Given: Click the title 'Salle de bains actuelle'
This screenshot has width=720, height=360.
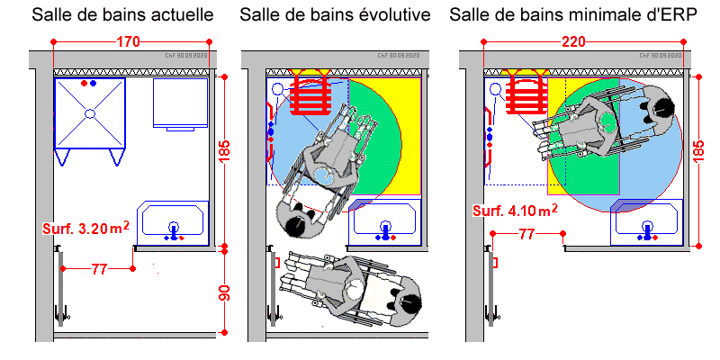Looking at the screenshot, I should tap(122, 15).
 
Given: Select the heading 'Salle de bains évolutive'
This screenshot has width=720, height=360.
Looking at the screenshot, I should tap(335, 15).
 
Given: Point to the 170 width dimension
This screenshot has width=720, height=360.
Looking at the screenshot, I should tap(130, 41).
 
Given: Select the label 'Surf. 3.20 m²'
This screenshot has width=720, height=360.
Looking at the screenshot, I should tap(85, 229).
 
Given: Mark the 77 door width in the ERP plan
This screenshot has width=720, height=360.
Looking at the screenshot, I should tap(528, 235).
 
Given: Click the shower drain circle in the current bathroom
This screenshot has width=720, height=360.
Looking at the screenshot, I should tap(89, 113).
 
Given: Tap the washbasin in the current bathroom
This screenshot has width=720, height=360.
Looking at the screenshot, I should tap(173, 222).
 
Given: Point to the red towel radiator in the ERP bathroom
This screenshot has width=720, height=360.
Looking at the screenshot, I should tap(527, 94).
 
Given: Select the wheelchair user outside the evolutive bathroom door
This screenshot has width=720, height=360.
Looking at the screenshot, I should tap(346, 290).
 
